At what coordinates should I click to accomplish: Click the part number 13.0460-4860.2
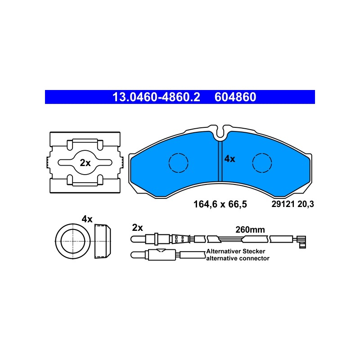[x=156, y=97]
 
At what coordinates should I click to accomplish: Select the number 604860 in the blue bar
[x=235, y=97]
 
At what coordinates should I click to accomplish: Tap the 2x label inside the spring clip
[x=85, y=163]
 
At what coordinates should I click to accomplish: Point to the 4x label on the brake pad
[x=230, y=159]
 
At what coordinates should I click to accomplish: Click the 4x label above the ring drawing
[x=87, y=219]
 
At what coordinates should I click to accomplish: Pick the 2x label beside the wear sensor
[x=137, y=228]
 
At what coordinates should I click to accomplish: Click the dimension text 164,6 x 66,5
[x=220, y=204]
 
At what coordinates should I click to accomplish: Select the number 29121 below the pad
[x=283, y=204]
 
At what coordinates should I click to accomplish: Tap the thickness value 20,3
[x=306, y=204]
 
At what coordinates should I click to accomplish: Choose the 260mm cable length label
[x=250, y=229]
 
